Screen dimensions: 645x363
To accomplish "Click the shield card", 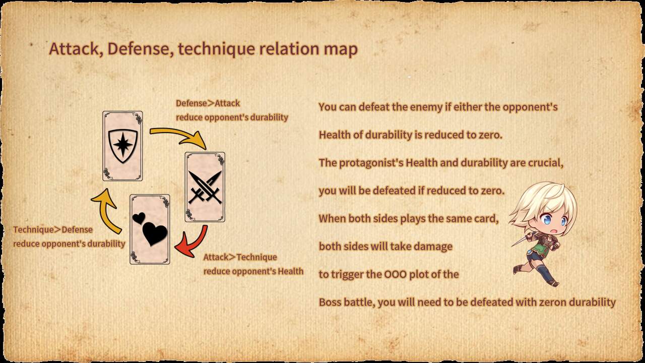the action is pos(122,146).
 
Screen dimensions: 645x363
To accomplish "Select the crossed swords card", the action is pos(205,187).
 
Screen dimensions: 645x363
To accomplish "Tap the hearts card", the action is pos(150,229).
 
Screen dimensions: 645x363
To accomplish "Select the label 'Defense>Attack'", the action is pos(208,103).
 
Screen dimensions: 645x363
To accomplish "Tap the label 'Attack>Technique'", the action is pos(240,257).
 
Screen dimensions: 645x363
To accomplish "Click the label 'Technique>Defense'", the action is pos(53,229).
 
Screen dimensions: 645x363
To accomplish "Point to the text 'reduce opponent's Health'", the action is pos(253,271).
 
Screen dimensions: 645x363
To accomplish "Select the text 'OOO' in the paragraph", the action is pos(396,274).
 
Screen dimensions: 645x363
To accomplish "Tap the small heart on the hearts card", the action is pos(139,218).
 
